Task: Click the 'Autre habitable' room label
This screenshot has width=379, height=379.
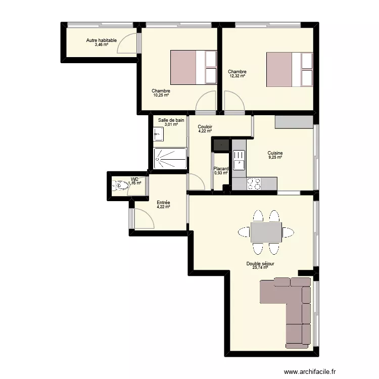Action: pos(101,40)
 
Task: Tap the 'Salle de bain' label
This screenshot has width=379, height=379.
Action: pos(171,120)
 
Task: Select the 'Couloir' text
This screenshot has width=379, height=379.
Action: pos(205,127)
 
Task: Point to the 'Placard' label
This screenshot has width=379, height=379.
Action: pos(221,169)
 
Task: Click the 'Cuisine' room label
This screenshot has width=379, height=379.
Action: pos(275,153)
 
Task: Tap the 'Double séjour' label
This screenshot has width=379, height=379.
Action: pos(260,264)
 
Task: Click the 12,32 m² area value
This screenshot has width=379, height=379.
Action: pos(237,76)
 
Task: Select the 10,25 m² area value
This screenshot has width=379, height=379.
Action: pos(161,95)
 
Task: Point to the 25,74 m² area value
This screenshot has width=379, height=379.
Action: pos(260,268)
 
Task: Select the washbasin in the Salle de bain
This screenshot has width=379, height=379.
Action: pos(158,133)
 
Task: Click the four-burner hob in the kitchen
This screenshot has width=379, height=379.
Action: pos(254,184)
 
